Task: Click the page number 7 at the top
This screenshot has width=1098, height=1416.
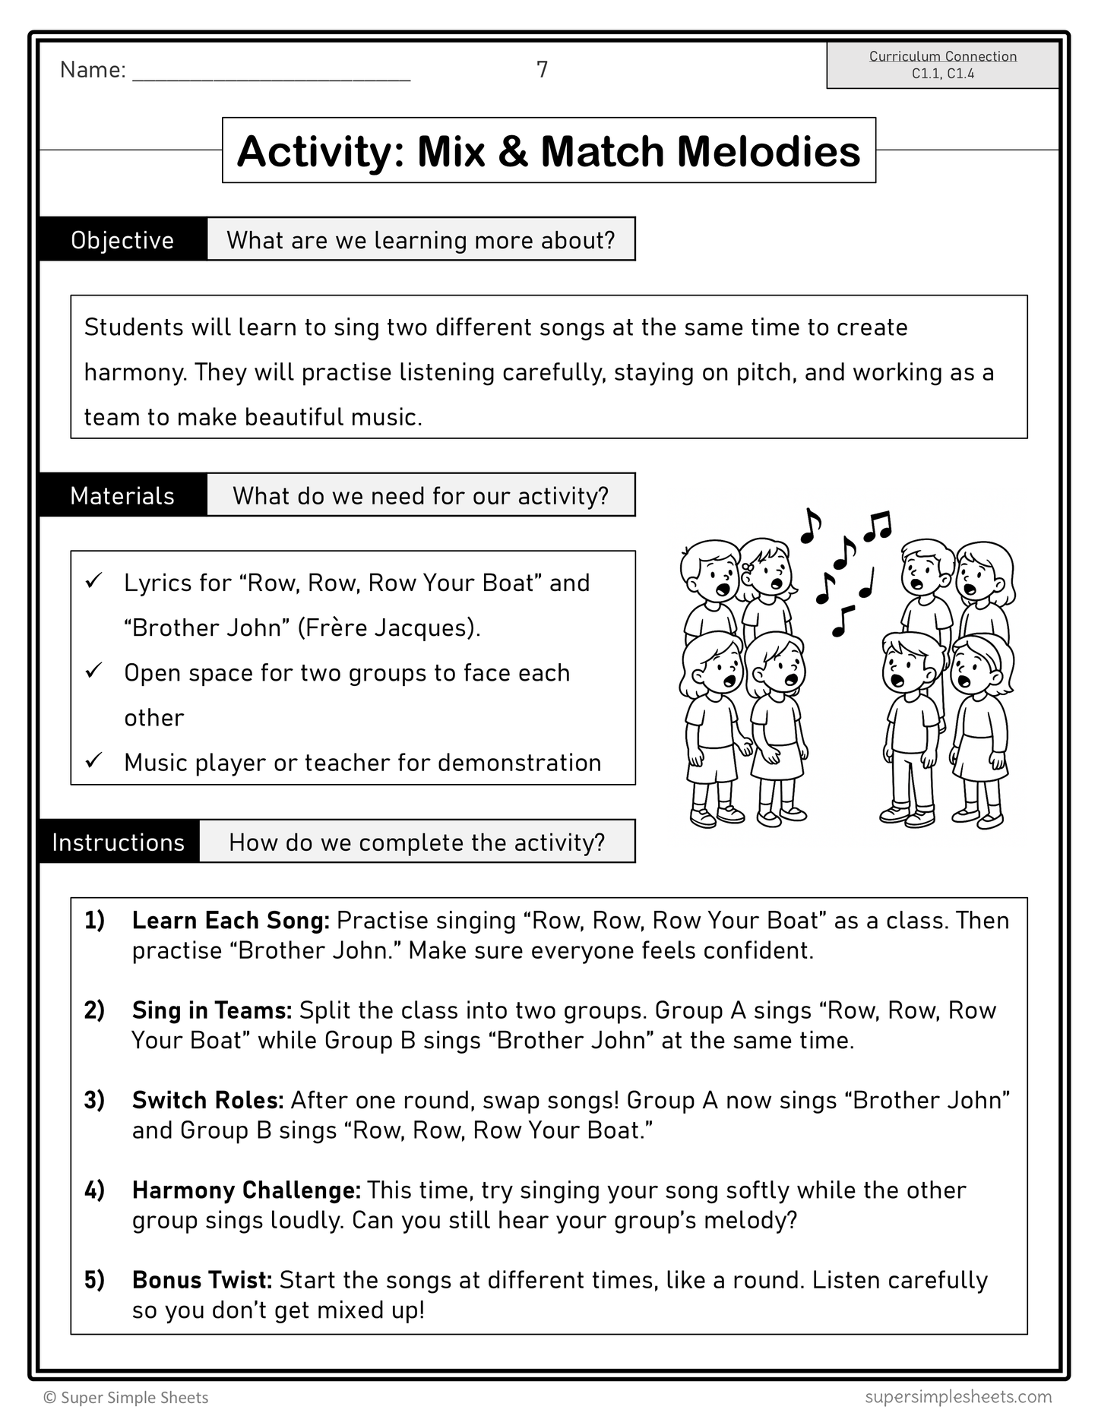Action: click(x=542, y=70)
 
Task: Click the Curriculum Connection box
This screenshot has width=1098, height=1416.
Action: click(x=942, y=65)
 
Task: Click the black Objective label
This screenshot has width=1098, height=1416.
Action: click(x=122, y=240)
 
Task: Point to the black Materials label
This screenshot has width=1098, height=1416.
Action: click(x=122, y=496)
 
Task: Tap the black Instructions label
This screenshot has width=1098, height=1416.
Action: click(x=119, y=842)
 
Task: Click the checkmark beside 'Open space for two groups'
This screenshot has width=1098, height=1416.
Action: click(x=94, y=672)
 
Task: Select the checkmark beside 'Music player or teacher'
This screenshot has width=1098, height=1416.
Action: click(x=94, y=760)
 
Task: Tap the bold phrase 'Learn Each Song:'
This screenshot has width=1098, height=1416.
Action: click(x=230, y=921)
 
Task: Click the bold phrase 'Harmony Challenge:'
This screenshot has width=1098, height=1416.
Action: click(x=246, y=1190)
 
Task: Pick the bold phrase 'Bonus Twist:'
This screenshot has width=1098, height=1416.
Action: click(x=202, y=1281)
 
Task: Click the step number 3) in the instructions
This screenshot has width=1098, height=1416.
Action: click(x=94, y=1100)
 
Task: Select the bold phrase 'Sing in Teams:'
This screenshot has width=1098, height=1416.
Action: click(x=212, y=1010)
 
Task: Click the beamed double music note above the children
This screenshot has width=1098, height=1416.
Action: click(x=879, y=525)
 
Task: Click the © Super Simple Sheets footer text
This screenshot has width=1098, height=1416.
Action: click(x=126, y=1398)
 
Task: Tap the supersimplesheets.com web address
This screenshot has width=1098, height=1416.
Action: click(x=957, y=1396)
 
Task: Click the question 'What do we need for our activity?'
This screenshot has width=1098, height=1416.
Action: click(x=420, y=496)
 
